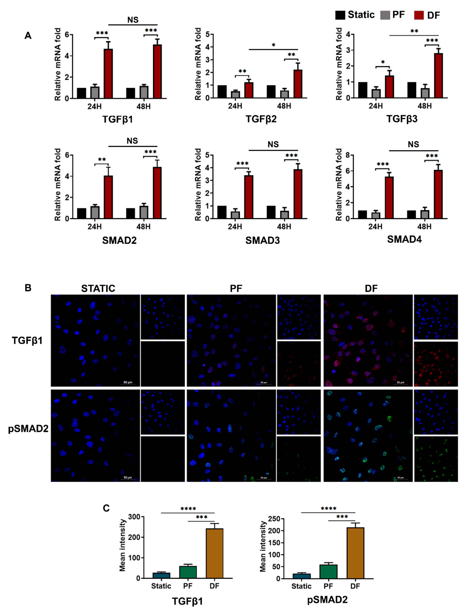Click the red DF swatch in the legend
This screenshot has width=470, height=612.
pos(419,15)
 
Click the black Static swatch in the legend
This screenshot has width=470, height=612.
pos(340,15)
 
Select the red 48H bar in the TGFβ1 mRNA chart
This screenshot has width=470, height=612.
pos(157,71)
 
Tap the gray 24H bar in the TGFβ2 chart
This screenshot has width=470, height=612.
pos(235,94)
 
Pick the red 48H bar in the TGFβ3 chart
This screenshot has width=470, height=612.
pos(438,76)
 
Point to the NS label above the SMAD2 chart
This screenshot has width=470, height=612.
pos(132,141)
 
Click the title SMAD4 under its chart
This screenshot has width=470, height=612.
pos(404,239)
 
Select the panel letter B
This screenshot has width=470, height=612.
pos(28,288)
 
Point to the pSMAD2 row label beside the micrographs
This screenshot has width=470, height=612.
pos(28,428)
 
